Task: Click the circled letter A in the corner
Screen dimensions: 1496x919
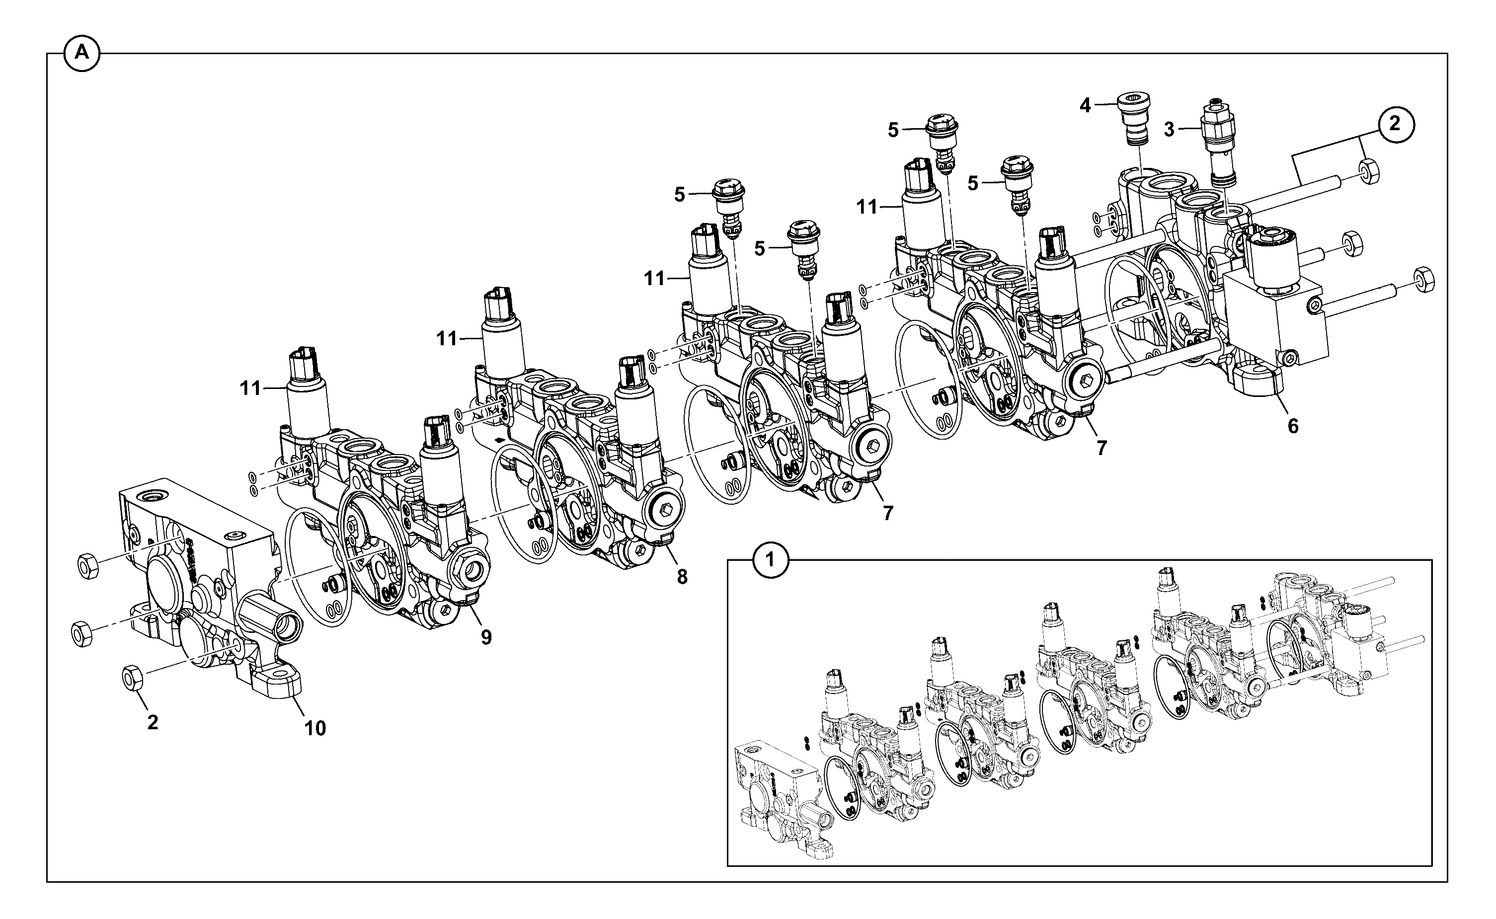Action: point(81,53)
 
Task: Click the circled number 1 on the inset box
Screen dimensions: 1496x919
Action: point(771,559)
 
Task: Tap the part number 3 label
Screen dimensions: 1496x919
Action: point(1169,130)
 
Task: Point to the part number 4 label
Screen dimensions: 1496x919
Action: point(1085,106)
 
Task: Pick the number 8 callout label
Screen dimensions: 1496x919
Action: point(682,577)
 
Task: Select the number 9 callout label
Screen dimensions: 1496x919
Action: point(486,637)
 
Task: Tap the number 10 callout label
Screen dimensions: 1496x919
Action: point(315,728)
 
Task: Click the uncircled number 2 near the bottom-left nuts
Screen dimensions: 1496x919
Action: point(153,722)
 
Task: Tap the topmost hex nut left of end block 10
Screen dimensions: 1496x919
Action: point(89,566)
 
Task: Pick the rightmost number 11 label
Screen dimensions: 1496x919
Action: point(867,207)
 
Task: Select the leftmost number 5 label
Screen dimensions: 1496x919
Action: point(679,195)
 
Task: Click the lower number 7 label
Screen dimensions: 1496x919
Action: point(888,513)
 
